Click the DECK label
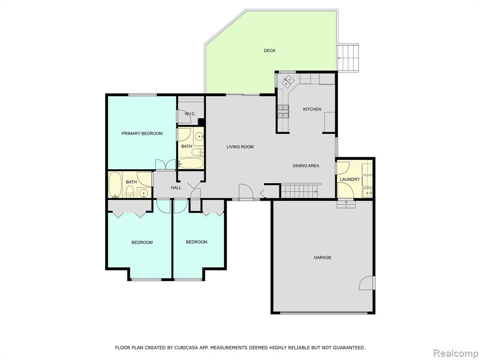pos(270,51)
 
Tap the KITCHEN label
pos(312,109)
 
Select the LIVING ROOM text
pos(240,147)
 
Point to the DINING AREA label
pos(306,166)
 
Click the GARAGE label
pos(322,258)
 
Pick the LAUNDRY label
pos(350,180)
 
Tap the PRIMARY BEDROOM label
pos(142,134)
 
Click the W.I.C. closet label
pos(190,114)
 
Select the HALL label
pos(176,187)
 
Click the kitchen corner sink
pos(287,81)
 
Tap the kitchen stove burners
pos(283,112)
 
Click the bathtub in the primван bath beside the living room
pos(191,163)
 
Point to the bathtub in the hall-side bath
pos(115,185)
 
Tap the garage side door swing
pos(367,283)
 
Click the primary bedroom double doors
pos(165,164)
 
